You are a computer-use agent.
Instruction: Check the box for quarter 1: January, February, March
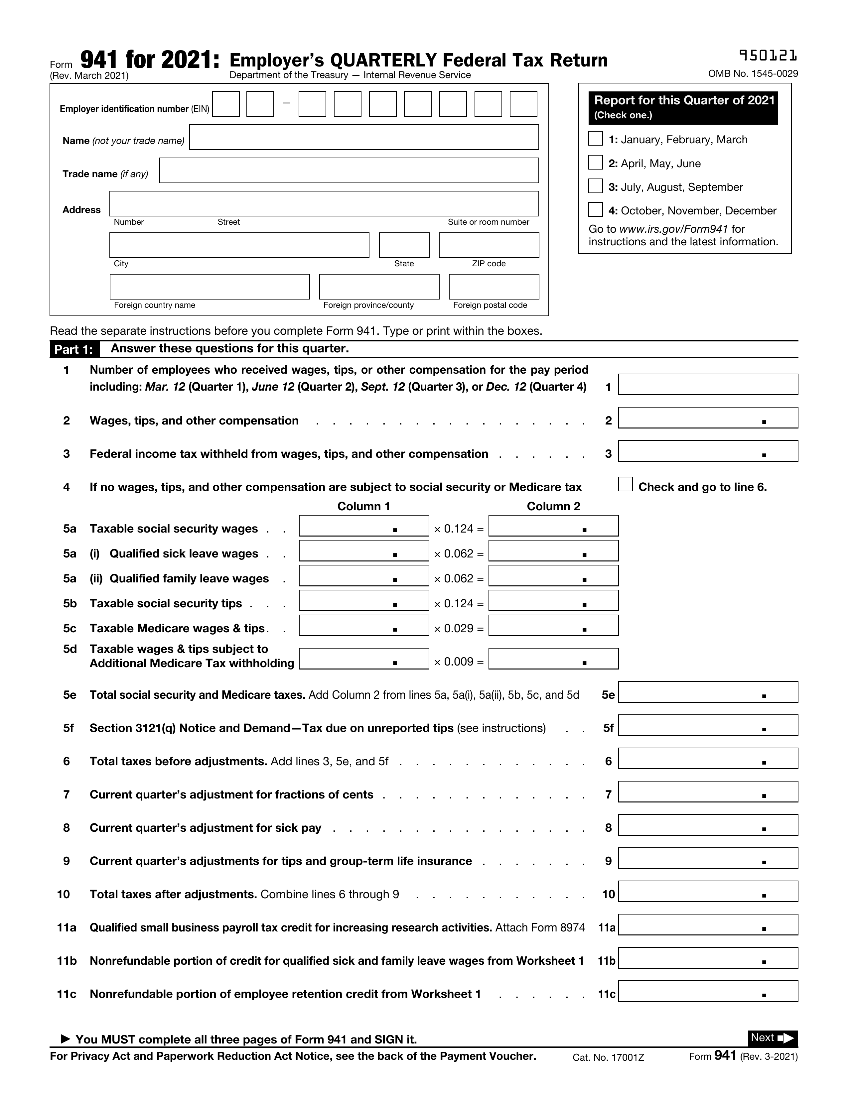coord(595,139)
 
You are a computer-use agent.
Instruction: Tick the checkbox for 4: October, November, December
coord(595,209)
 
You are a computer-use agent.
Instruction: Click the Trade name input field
coord(349,171)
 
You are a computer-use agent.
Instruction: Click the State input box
coord(404,245)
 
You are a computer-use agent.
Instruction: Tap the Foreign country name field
coord(210,287)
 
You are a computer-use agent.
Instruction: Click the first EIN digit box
coord(225,104)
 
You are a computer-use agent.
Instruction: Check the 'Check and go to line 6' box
coord(625,484)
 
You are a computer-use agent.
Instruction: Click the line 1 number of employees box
coord(707,385)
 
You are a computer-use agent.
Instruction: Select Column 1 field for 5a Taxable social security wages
coord(364,526)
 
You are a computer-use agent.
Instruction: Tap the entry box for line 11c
coord(707,992)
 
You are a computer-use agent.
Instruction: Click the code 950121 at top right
coord(768,56)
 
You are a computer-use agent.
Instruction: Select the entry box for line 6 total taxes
coord(707,759)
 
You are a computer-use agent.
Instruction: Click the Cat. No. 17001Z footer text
coord(608,1058)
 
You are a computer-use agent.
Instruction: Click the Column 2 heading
coord(553,506)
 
